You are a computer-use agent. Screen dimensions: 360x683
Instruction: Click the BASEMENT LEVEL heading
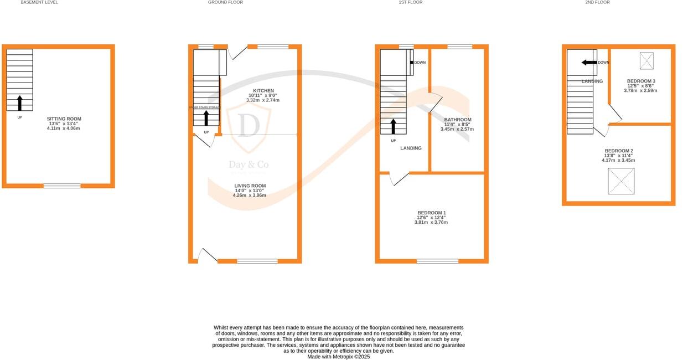click(39, 2)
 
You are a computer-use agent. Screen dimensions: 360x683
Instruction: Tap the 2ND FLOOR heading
click(597, 2)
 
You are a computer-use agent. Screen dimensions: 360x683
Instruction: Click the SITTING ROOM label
click(64, 119)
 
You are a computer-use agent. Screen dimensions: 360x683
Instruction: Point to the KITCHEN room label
click(263, 91)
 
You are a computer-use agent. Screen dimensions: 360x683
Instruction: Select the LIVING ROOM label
click(250, 186)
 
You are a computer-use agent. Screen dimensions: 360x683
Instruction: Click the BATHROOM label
click(458, 120)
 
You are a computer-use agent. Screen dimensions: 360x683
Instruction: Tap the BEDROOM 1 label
click(432, 213)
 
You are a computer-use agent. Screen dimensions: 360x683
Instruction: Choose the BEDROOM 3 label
click(641, 81)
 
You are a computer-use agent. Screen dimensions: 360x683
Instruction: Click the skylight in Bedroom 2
click(621, 182)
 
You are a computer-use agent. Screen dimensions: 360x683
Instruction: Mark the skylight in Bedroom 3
click(646, 60)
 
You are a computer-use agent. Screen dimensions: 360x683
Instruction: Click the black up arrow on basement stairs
click(20, 102)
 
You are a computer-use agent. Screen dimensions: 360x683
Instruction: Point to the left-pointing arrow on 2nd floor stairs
click(588, 62)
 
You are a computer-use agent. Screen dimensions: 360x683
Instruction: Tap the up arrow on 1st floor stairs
click(394, 126)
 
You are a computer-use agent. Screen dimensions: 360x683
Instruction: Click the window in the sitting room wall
click(62, 186)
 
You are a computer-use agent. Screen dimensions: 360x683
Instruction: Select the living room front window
click(257, 261)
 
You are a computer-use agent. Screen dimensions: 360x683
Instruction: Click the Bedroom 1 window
click(437, 261)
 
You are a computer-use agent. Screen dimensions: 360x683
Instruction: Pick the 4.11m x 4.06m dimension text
click(64, 128)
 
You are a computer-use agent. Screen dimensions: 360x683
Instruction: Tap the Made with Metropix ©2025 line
click(339, 357)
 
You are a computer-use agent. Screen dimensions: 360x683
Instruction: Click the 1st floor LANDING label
click(411, 148)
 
